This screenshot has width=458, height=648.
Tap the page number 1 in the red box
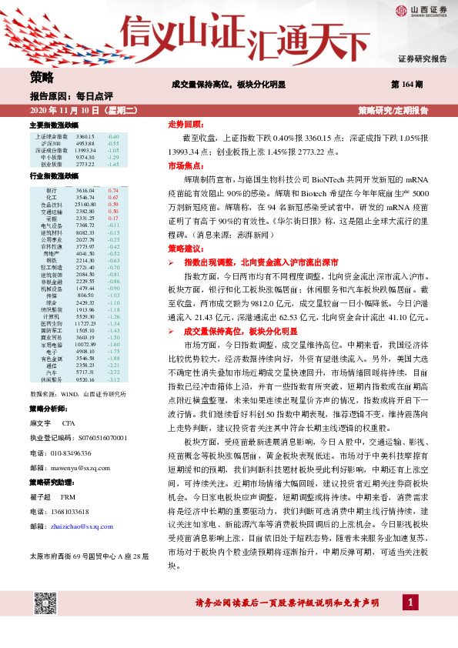pos(413,623)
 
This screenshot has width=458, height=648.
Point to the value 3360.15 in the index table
pos(86,136)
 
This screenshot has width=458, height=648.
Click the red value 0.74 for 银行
pos(113,189)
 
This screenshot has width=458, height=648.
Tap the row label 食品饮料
pos(52,204)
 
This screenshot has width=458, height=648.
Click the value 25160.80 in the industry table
pos(86,204)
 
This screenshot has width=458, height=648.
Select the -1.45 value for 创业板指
pos(113,164)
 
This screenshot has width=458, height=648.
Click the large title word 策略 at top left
pos(42,77)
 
